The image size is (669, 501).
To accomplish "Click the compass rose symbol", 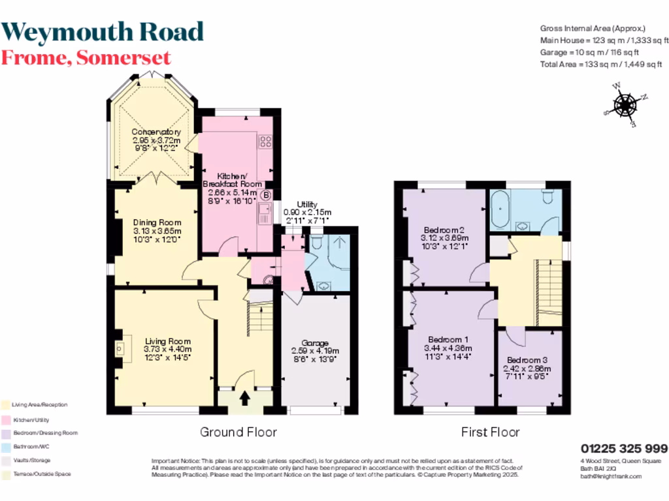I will tap(625, 104).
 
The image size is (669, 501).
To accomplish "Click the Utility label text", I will tap(307, 204).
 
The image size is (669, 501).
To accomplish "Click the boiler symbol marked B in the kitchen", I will tap(266, 194).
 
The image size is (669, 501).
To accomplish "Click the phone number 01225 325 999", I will tap(624, 449).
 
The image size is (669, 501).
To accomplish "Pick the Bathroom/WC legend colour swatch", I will tap(5, 447).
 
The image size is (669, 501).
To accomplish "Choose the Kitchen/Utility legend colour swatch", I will tap(5, 419).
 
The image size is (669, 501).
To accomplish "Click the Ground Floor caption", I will tap(238, 432).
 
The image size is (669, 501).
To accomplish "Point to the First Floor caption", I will tap(490, 432).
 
